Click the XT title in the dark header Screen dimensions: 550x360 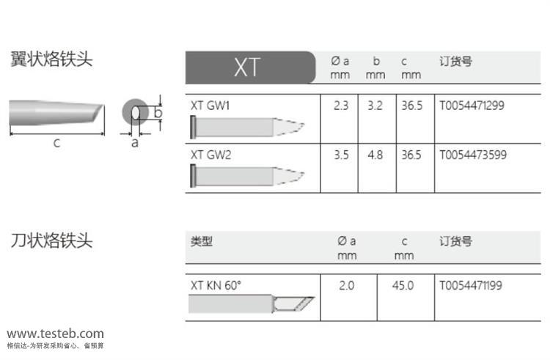247,67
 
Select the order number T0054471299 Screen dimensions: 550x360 472,106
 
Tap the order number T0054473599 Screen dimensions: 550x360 473,155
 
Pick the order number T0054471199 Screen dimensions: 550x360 471,285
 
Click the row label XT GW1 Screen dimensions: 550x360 210,106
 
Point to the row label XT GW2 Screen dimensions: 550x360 210,155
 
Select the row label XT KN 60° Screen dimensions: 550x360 216,285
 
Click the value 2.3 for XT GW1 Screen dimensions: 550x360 341,106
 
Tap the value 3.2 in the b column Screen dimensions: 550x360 375,106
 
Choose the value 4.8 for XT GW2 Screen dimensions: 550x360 375,155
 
